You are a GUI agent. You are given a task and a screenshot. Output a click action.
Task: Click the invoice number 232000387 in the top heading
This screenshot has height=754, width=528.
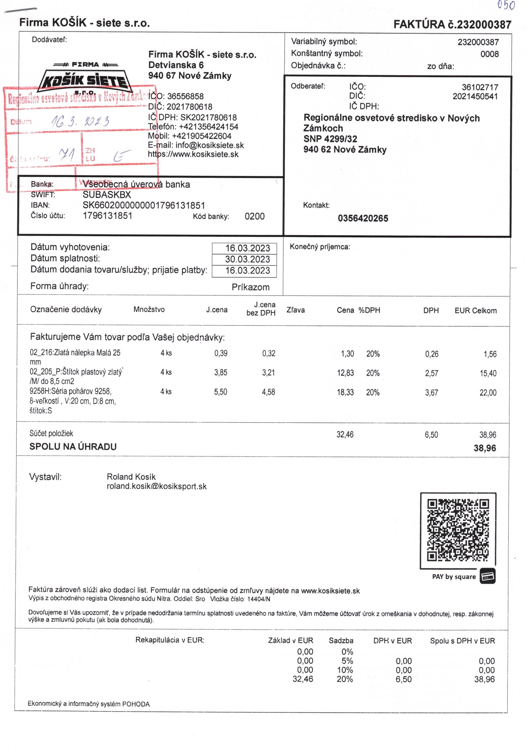(x=484, y=25)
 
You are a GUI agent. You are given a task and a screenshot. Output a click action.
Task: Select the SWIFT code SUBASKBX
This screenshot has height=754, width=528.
(x=107, y=195)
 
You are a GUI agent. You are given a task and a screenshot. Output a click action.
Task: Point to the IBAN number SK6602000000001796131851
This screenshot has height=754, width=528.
(x=144, y=206)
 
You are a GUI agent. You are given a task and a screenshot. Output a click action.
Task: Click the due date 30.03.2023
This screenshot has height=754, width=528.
(x=247, y=259)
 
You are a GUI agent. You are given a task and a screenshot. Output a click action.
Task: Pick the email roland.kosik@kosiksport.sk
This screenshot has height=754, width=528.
(x=156, y=486)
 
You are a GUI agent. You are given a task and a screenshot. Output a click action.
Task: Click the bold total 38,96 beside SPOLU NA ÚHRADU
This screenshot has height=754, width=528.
(x=484, y=448)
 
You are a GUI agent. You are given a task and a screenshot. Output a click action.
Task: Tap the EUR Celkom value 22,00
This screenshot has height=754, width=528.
(x=488, y=392)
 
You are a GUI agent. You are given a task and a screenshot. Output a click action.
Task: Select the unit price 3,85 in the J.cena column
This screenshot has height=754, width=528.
(x=220, y=373)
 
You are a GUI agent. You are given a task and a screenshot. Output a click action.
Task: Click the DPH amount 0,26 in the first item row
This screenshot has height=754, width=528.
(x=432, y=354)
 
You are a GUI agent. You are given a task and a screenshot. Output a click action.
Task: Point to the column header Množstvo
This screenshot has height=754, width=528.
(x=149, y=309)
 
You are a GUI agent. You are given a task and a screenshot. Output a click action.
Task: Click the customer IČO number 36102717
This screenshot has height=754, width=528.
(x=480, y=87)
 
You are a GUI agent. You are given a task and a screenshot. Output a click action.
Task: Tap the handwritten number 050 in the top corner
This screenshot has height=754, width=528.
(x=506, y=5)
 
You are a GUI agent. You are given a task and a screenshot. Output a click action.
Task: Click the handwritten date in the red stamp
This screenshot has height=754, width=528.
(x=80, y=122)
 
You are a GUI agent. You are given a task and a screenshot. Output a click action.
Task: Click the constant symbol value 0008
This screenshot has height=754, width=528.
(x=489, y=54)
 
